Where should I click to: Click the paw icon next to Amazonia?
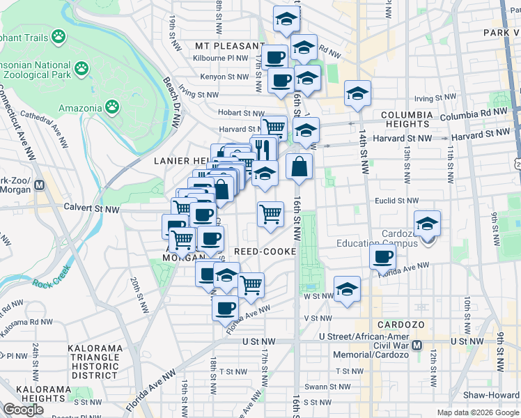click(112, 107)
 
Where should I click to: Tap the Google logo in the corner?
click(23, 410)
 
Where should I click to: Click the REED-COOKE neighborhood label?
click(265, 251)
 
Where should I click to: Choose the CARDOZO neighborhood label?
click(396, 325)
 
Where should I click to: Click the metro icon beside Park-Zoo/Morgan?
click(40, 185)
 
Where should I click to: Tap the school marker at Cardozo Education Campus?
click(427, 224)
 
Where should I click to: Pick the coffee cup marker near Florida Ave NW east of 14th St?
click(382, 257)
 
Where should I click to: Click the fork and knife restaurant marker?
click(263, 148)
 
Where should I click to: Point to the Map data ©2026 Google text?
click(477, 412)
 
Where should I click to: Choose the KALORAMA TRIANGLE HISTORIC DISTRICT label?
click(95, 361)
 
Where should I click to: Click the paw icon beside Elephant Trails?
click(59, 34)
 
